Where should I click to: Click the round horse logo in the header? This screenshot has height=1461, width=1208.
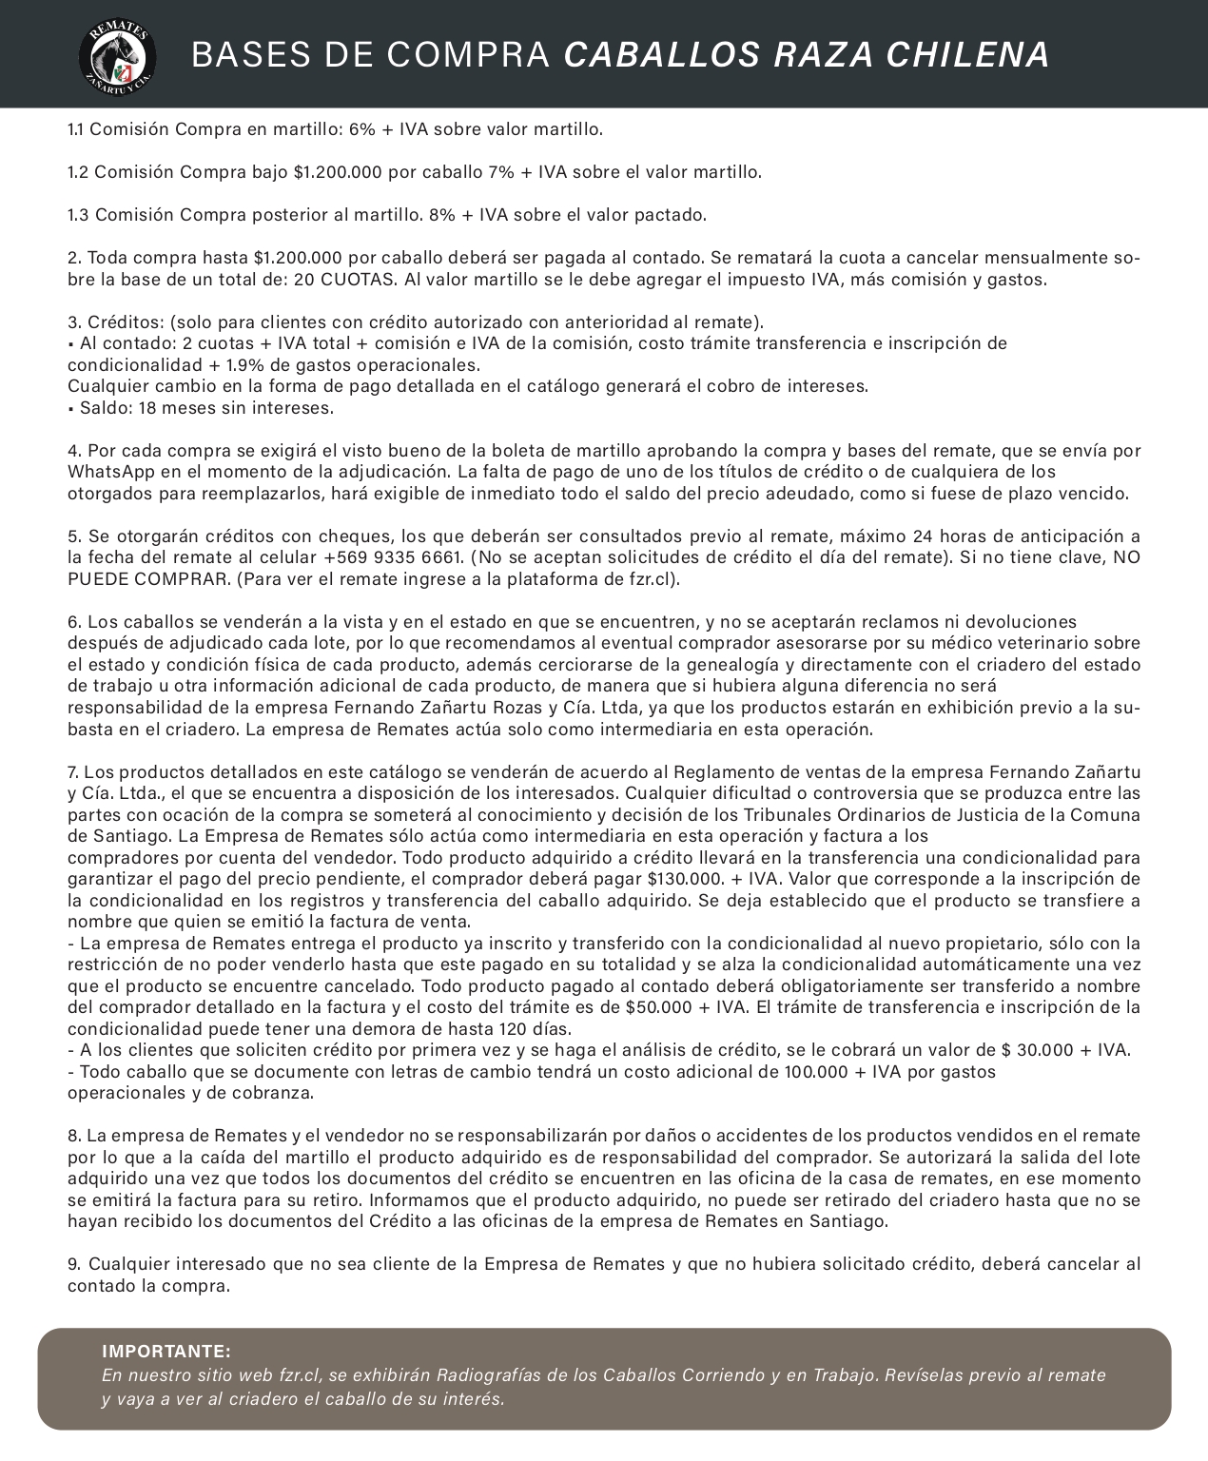coord(117,55)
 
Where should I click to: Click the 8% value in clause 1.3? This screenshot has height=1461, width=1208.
coord(442,215)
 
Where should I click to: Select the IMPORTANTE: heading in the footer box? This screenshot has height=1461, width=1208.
coord(166,1352)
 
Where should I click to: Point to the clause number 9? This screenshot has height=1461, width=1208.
coord(73,1264)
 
